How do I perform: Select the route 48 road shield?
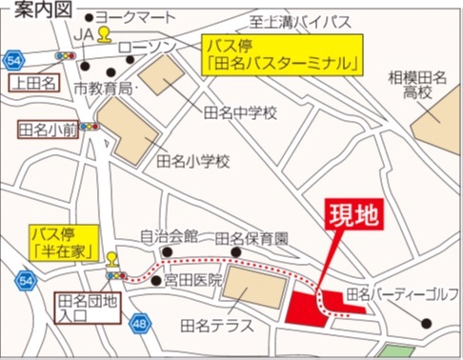[141, 324]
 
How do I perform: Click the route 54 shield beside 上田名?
[13, 60]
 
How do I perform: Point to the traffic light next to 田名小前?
[90, 126]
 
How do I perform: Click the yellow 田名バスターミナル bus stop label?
[285, 56]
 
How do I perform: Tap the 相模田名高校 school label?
[418, 83]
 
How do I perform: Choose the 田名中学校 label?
[240, 113]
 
